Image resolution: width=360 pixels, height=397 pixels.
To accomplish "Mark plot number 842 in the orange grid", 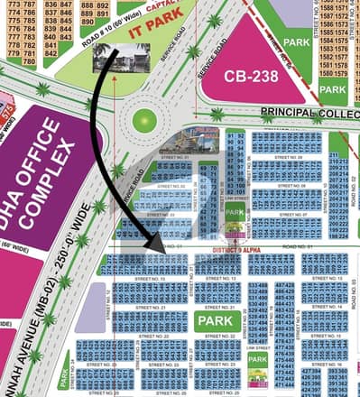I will pos(51,54).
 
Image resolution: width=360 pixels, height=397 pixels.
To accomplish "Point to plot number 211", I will pos(334,156).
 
